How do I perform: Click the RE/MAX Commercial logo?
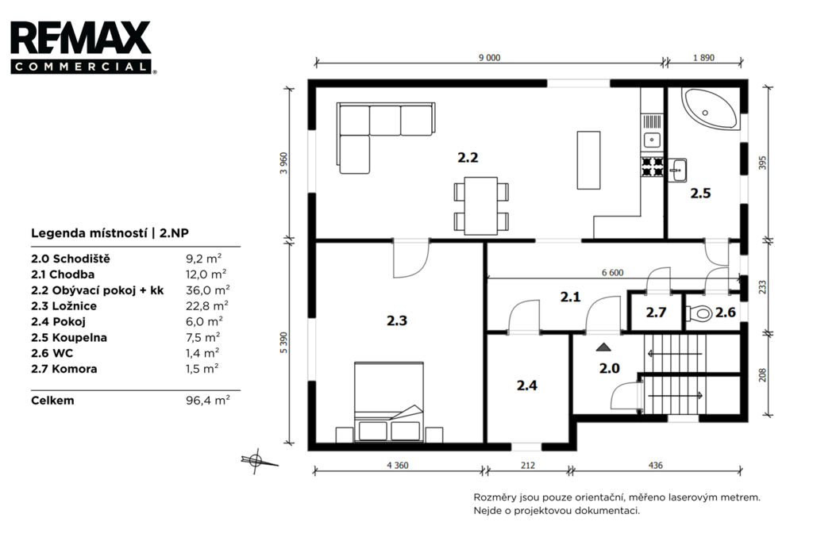pyautogui.click(x=82, y=47)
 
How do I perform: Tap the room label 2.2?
pyautogui.click(x=468, y=158)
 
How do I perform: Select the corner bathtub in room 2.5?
pyautogui.click(x=710, y=109)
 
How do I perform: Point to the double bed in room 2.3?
pyautogui.click(x=389, y=402)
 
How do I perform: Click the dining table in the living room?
pyautogui.click(x=481, y=206)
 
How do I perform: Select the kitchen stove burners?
pyautogui.click(x=653, y=167)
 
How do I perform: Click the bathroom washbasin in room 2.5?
pyautogui.click(x=677, y=170)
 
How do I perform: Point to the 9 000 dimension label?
pyautogui.click(x=489, y=58)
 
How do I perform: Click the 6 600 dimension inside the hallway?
pyautogui.click(x=612, y=273)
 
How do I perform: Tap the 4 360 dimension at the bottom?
pyautogui.click(x=398, y=466)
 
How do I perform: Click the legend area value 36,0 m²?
pyautogui.click(x=208, y=290)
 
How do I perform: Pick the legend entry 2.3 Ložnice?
pyautogui.click(x=64, y=306)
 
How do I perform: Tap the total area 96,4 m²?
pyautogui.click(x=208, y=401)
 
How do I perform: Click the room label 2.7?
pyautogui.click(x=656, y=313)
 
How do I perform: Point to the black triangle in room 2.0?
pyautogui.click(x=603, y=347)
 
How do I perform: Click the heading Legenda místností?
pyautogui.click(x=89, y=233)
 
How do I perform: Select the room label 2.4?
pyautogui.click(x=527, y=386)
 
